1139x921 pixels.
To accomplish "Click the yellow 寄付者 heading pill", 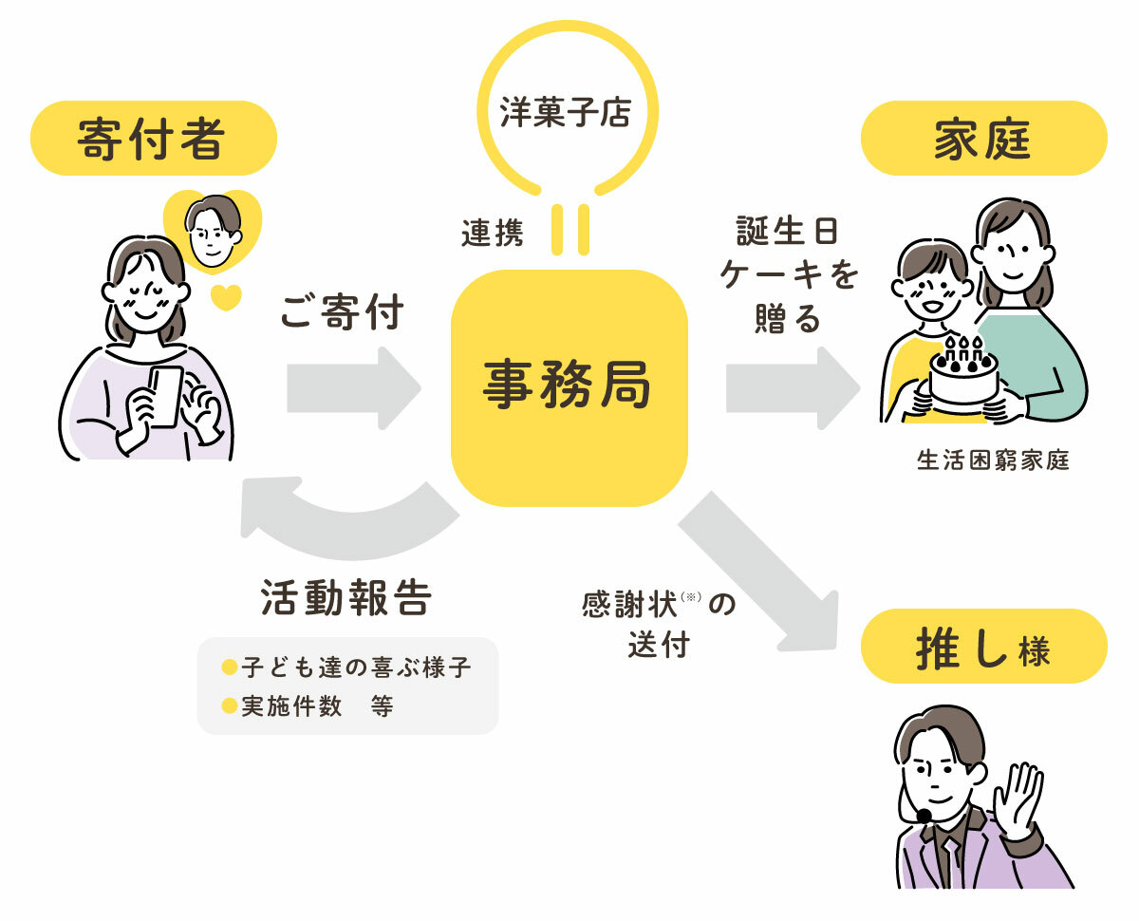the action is coord(154,138).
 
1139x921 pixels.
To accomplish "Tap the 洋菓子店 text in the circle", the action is coord(566,112).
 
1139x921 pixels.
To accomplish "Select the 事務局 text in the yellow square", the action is coord(567,384).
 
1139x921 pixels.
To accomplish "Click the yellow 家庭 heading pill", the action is coord(984,138).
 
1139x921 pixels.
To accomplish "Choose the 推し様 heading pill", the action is coord(984,646).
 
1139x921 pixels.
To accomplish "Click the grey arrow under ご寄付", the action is coord(354,387).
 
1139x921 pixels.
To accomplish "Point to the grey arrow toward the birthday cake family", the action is coord(793,387).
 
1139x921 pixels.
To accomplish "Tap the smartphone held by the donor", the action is coord(165,396).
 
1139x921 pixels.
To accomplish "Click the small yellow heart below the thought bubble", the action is coord(226,297).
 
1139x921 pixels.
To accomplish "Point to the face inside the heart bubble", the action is coord(213,231).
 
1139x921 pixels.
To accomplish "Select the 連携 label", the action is coord(493,234).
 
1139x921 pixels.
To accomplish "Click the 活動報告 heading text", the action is coord(346,597).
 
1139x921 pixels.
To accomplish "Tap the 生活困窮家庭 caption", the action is coord(993,460).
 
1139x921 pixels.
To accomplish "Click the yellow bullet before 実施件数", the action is coord(230,705).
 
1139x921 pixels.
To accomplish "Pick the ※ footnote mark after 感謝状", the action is coord(691,596).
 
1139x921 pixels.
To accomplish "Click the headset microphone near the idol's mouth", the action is coord(924,815).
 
